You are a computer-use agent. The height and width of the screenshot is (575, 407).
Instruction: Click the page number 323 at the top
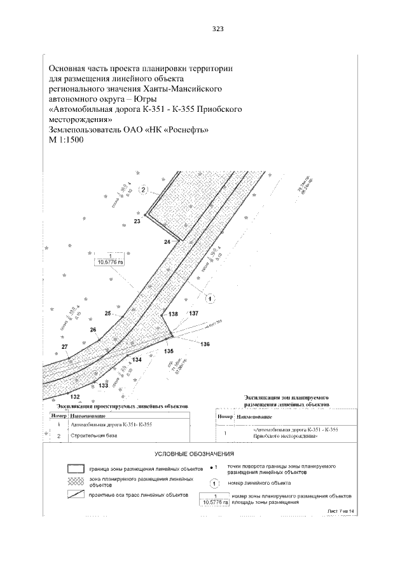pos(217,29)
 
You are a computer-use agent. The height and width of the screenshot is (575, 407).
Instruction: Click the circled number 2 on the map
pos(144,189)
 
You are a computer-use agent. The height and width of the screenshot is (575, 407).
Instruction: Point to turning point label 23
pos(137,221)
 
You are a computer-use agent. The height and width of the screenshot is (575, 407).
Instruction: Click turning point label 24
pos(167,242)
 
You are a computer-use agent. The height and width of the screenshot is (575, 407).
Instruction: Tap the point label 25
pos(108,313)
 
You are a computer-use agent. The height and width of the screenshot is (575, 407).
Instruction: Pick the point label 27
pos(64,346)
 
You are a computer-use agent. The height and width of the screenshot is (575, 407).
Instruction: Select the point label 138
pos(174,314)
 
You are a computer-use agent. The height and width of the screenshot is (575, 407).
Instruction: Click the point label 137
pos(193,314)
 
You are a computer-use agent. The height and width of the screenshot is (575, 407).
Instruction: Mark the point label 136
pos(205,344)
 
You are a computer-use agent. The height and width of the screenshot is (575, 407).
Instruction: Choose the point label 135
pos(169,351)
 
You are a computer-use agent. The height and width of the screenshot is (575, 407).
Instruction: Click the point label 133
pos(104,386)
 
